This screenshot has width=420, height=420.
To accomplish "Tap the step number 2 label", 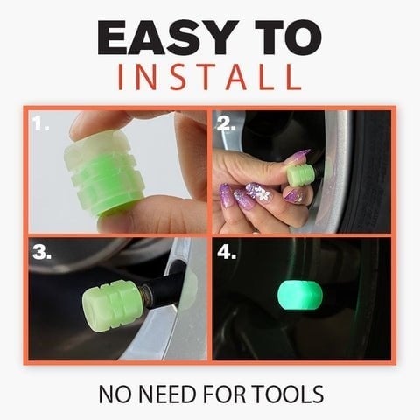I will tap(227, 124).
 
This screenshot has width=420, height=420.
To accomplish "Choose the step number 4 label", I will tap(228, 254).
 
